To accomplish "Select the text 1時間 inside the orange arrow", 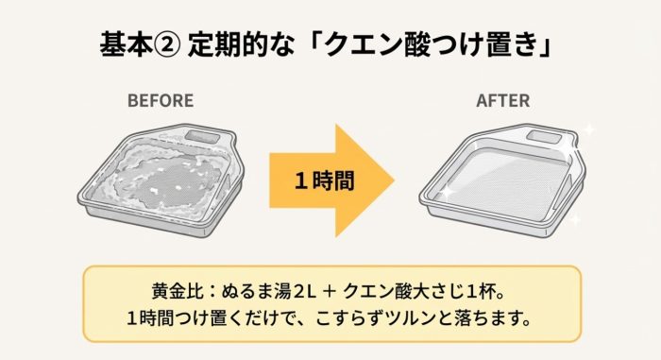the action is pyautogui.click(x=324, y=180).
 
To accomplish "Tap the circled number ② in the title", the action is pyautogui.click(x=170, y=44).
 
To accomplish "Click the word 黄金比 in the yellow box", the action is pyautogui.click(x=170, y=290).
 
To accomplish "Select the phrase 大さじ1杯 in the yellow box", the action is pyautogui.click(x=453, y=290).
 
